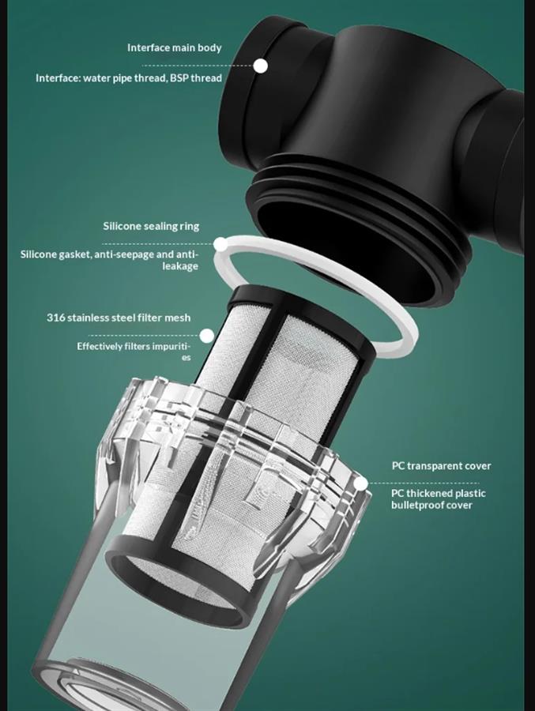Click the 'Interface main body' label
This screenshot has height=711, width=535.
[174, 47]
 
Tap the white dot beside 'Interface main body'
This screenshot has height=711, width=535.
[260, 66]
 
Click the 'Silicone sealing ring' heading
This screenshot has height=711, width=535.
[151, 226]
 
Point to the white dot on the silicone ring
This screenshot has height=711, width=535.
[220, 244]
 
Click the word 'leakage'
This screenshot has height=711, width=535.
[181, 266]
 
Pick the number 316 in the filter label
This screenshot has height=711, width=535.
[56, 318]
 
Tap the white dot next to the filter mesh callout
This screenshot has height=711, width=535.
[207, 336]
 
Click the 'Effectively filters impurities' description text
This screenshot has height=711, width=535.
[134, 352]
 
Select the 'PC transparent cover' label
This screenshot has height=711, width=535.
[441, 465]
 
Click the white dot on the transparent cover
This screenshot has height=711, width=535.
[360, 483]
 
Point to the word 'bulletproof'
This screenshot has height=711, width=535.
[417, 505]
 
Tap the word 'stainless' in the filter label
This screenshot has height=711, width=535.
[90, 318]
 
